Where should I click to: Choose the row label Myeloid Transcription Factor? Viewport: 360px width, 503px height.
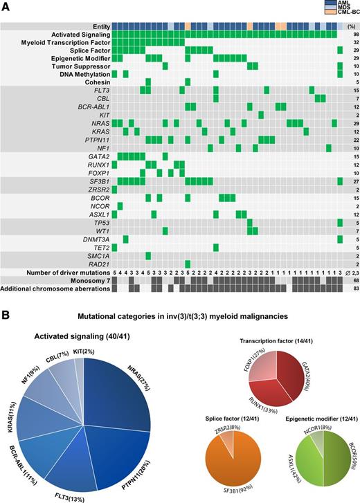tap(70, 42)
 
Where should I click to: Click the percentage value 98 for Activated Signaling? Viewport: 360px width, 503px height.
tap(350, 34)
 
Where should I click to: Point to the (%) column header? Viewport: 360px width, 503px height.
tap(350, 26)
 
